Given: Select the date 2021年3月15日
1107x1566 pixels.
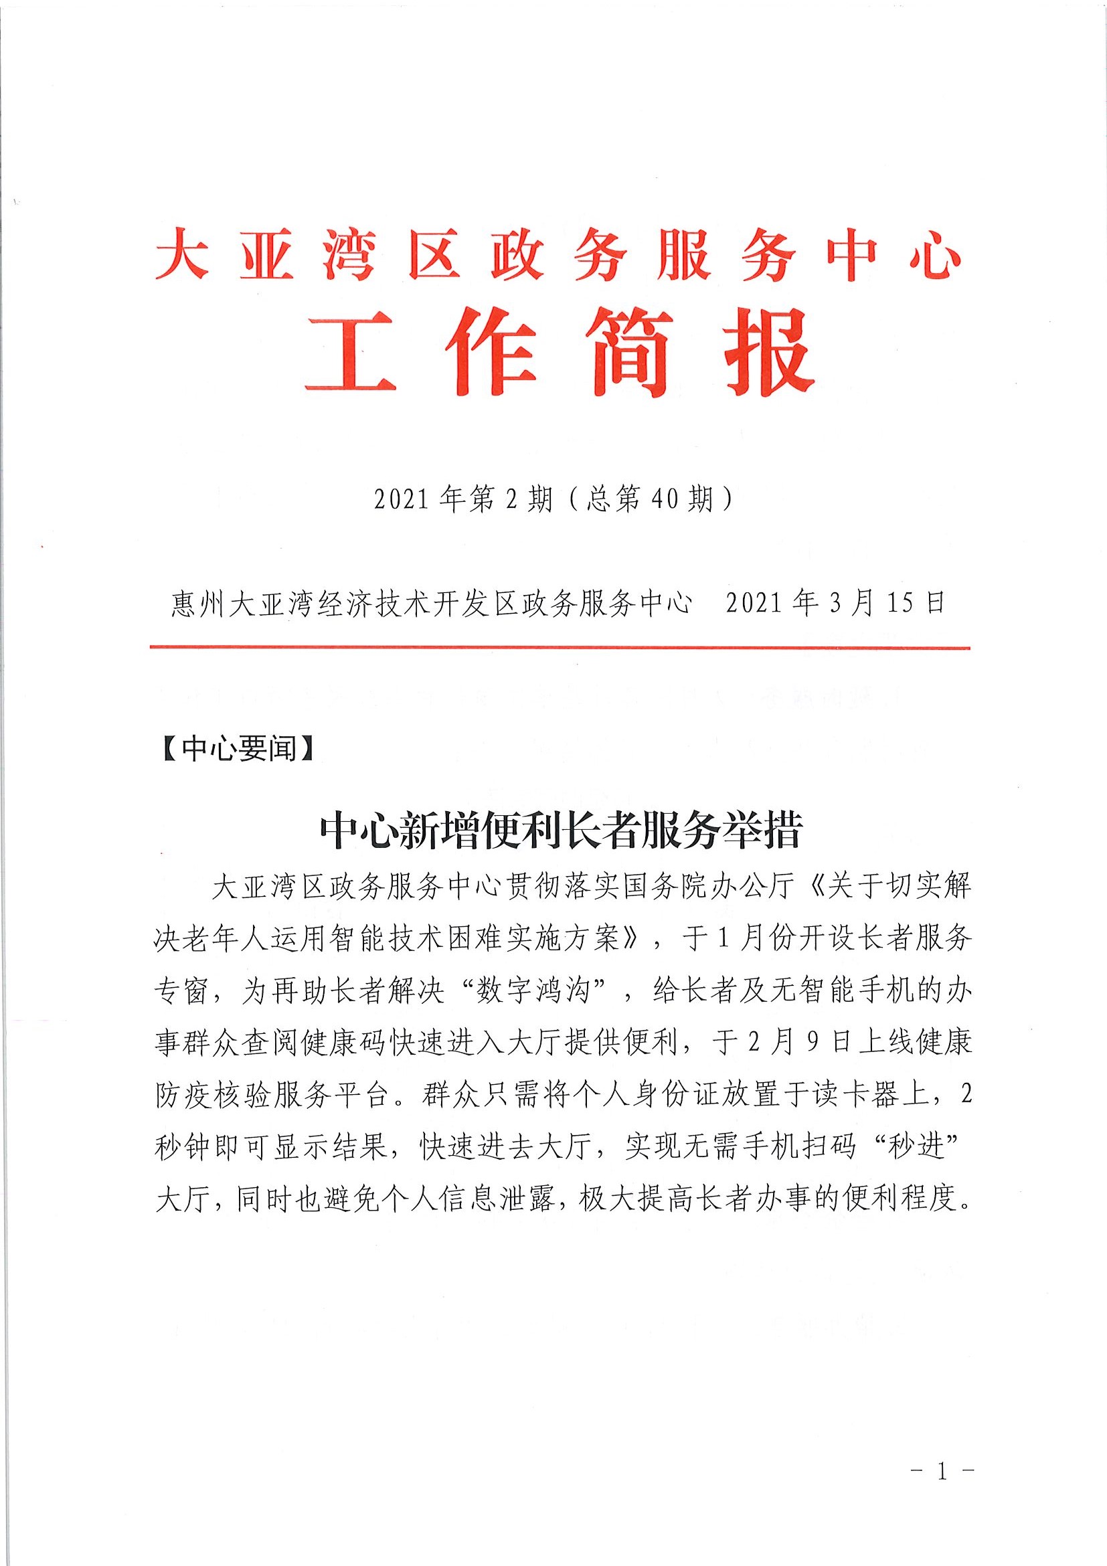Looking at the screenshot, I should click(835, 604).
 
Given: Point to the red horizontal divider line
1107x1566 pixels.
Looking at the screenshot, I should click(560, 648).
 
